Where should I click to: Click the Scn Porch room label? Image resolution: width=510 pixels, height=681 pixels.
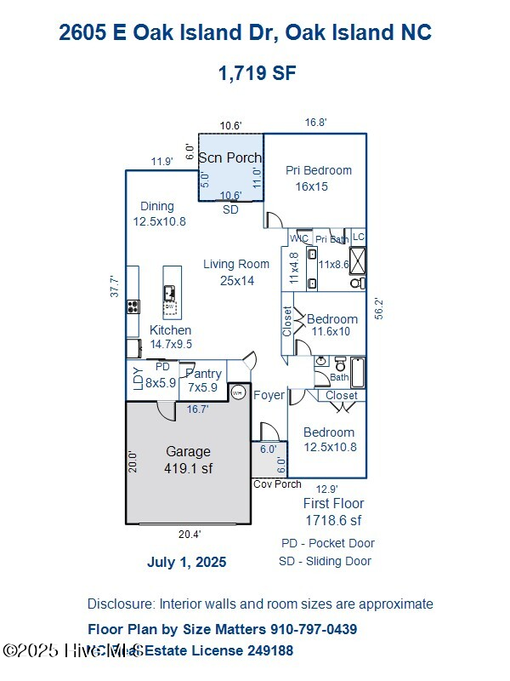coord(230,158)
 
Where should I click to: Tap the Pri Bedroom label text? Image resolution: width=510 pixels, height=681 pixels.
coord(318,170)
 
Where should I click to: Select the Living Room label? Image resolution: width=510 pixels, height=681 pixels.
coord(236,264)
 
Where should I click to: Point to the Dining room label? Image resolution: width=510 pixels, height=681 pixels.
coord(157,206)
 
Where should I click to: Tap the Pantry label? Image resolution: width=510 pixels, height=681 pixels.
coord(203,374)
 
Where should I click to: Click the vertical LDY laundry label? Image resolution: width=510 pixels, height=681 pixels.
coord(137,376)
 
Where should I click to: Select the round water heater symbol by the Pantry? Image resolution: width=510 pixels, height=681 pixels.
coord(239,392)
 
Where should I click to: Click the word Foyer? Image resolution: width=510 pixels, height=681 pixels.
coord(269,395)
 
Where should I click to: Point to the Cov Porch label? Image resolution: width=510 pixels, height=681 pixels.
coord(277,484)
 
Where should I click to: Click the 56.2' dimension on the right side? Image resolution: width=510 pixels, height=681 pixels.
coord(379,307)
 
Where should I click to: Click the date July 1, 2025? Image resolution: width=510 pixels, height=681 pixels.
coord(187,562)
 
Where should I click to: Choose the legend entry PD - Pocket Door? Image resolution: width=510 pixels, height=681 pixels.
coord(327,543)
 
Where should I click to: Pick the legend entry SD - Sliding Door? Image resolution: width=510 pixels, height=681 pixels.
coord(325,561)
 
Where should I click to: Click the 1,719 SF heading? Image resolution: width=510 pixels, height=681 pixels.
coord(257,73)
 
